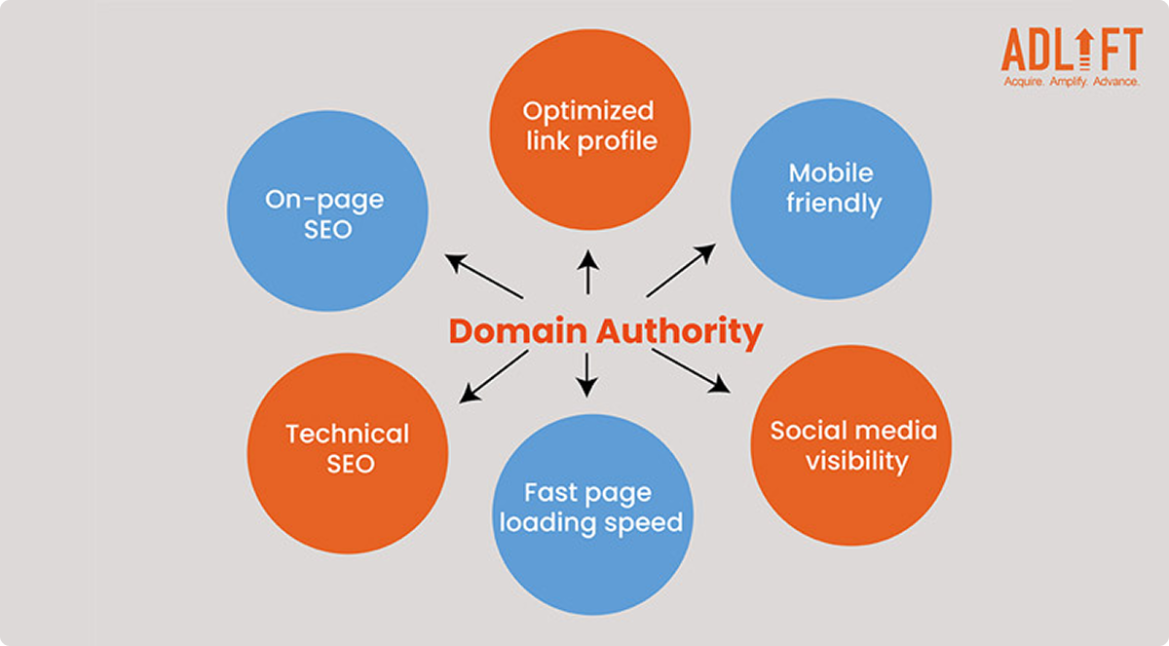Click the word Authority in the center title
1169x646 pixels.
point(679,332)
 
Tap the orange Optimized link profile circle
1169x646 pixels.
point(589,127)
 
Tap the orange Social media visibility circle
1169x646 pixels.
point(851,444)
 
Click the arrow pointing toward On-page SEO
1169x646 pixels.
point(484,277)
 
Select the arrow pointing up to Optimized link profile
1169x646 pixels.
point(587,272)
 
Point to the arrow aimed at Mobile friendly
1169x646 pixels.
point(681,270)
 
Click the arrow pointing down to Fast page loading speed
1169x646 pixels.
point(586,375)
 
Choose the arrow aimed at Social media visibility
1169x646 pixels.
point(691,371)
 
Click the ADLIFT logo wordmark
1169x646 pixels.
point(1072,49)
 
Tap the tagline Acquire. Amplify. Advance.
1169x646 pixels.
point(1072,82)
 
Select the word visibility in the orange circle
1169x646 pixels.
point(856,461)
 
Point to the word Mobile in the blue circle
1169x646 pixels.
point(831,172)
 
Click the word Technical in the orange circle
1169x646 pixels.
point(348,434)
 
